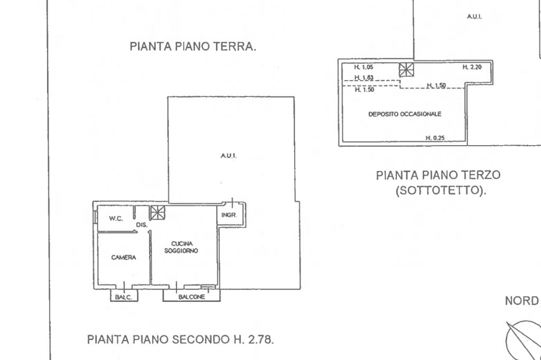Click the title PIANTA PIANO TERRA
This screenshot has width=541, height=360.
(193, 46)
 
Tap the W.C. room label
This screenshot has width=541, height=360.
(116, 219)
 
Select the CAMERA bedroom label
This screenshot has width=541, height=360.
(124, 257)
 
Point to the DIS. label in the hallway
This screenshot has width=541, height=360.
(142, 225)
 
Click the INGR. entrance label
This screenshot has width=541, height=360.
(229, 215)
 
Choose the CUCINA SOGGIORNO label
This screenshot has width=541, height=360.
(181, 247)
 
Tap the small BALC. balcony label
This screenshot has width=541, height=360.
(124, 297)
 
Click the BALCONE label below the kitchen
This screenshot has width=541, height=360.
(191, 297)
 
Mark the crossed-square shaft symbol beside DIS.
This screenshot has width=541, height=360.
(157, 212)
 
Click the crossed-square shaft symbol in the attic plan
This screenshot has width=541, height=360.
(406, 70)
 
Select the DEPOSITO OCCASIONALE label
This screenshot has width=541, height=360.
(405, 114)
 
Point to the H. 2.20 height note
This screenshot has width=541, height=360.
(472, 67)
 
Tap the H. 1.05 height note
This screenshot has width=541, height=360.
(363, 67)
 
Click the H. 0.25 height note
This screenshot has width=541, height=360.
(435, 138)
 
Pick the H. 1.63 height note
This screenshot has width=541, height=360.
(364, 78)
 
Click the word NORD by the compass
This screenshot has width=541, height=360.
(521, 301)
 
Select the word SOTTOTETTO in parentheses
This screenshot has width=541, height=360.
(441, 190)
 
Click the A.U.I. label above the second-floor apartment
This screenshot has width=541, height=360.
(228, 156)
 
